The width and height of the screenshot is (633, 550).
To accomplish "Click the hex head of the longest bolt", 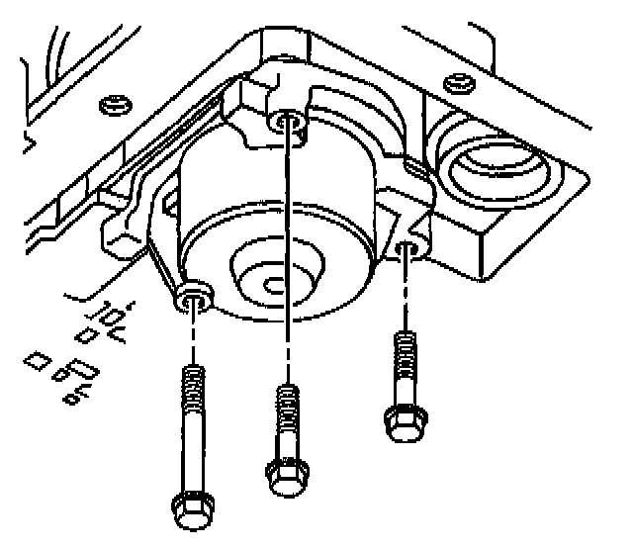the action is (x=189, y=510).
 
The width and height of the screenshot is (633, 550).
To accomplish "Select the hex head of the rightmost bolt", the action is (x=401, y=423).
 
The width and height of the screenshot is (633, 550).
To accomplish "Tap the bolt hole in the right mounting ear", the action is (x=406, y=248).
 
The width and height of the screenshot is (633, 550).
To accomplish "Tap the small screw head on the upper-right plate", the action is (x=455, y=79).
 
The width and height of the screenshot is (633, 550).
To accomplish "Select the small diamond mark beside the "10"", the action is (x=87, y=337).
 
